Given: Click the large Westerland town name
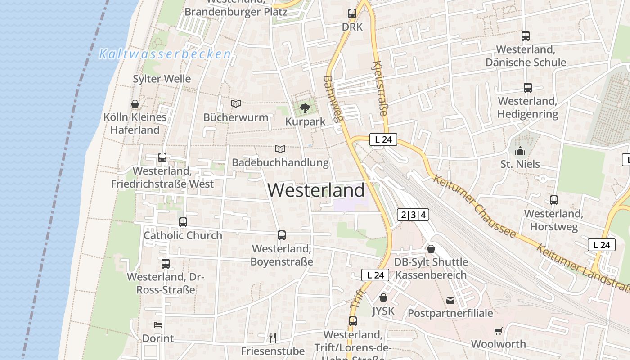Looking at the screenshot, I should pos(316,190).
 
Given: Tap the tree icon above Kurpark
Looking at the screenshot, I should pos(305,108).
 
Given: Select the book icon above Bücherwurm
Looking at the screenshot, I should pos(236,104).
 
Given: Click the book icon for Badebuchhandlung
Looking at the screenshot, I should pos(280,149).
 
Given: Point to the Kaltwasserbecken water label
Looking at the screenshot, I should pos(165,54).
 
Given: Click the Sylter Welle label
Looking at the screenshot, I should pos(162,79).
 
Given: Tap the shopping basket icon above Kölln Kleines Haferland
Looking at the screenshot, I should pos(135,104).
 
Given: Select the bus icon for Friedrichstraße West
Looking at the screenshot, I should pos(162,157).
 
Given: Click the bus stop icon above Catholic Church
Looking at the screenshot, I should pos(183,222).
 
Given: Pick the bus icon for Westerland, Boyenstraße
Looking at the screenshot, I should pos(282,235).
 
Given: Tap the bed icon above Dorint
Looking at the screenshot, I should pos(158,324).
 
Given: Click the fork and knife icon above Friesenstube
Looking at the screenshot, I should pos(272,337).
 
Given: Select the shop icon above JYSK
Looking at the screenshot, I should pos(383,297).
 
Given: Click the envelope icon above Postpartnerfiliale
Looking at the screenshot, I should pos(450,300).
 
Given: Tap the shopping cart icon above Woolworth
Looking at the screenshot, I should pos(498,331).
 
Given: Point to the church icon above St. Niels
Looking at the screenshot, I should pos(520,151).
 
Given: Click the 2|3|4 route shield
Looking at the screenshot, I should pos(413,215).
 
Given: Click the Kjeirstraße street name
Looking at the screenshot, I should pos(380,89).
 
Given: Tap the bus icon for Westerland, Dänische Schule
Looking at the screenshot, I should pos(526,36).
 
